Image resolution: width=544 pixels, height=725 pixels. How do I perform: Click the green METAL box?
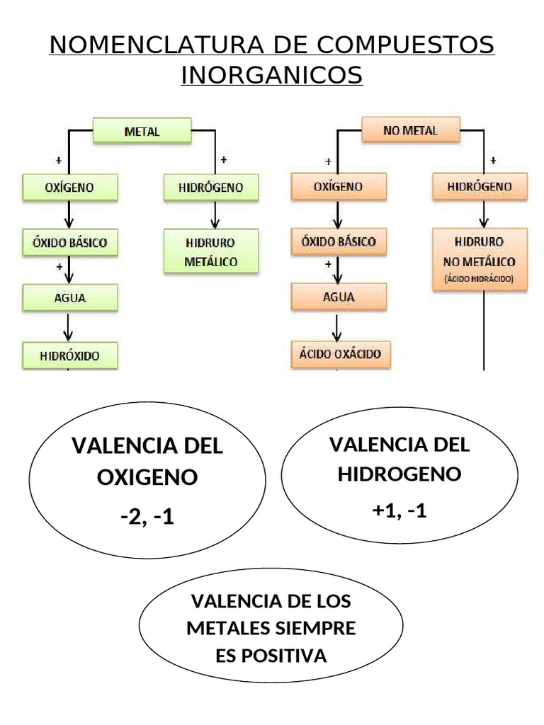pyautogui.click(x=142, y=132)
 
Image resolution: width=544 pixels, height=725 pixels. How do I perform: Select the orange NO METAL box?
pyautogui.click(x=410, y=130)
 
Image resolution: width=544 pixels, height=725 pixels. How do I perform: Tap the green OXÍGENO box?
pyautogui.click(x=69, y=187)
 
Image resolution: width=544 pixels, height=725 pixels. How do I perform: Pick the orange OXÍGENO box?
pyautogui.click(x=339, y=186)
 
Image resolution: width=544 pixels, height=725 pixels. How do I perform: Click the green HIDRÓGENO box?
pyautogui.click(x=211, y=187)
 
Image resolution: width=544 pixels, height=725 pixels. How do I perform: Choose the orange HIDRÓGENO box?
pyautogui.click(x=480, y=186)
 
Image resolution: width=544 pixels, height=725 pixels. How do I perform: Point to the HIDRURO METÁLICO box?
pyautogui.click(x=211, y=251)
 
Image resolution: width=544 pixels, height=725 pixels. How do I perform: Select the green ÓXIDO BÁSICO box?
pyautogui.click(x=69, y=242)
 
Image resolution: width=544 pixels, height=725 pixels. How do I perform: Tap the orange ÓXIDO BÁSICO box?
pyautogui.click(x=339, y=241)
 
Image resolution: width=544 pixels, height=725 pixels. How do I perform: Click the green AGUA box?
pyautogui.click(x=69, y=297)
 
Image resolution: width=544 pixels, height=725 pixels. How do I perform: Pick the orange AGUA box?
pyautogui.click(x=339, y=297)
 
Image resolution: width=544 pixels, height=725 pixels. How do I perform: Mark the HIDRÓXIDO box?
pyautogui.click(x=69, y=355)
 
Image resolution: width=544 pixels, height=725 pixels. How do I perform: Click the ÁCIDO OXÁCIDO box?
pyautogui.click(x=339, y=353)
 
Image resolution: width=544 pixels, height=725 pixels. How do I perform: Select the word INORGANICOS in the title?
pyautogui.click(x=272, y=74)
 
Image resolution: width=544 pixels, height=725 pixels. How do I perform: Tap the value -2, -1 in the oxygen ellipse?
pyautogui.click(x=147, y=518)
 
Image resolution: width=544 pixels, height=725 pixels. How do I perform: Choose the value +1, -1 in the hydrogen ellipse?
pyautogui.click(x=399, y=510)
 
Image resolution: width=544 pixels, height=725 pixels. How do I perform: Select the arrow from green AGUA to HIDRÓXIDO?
pyautogui.click(x=69, y=326)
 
